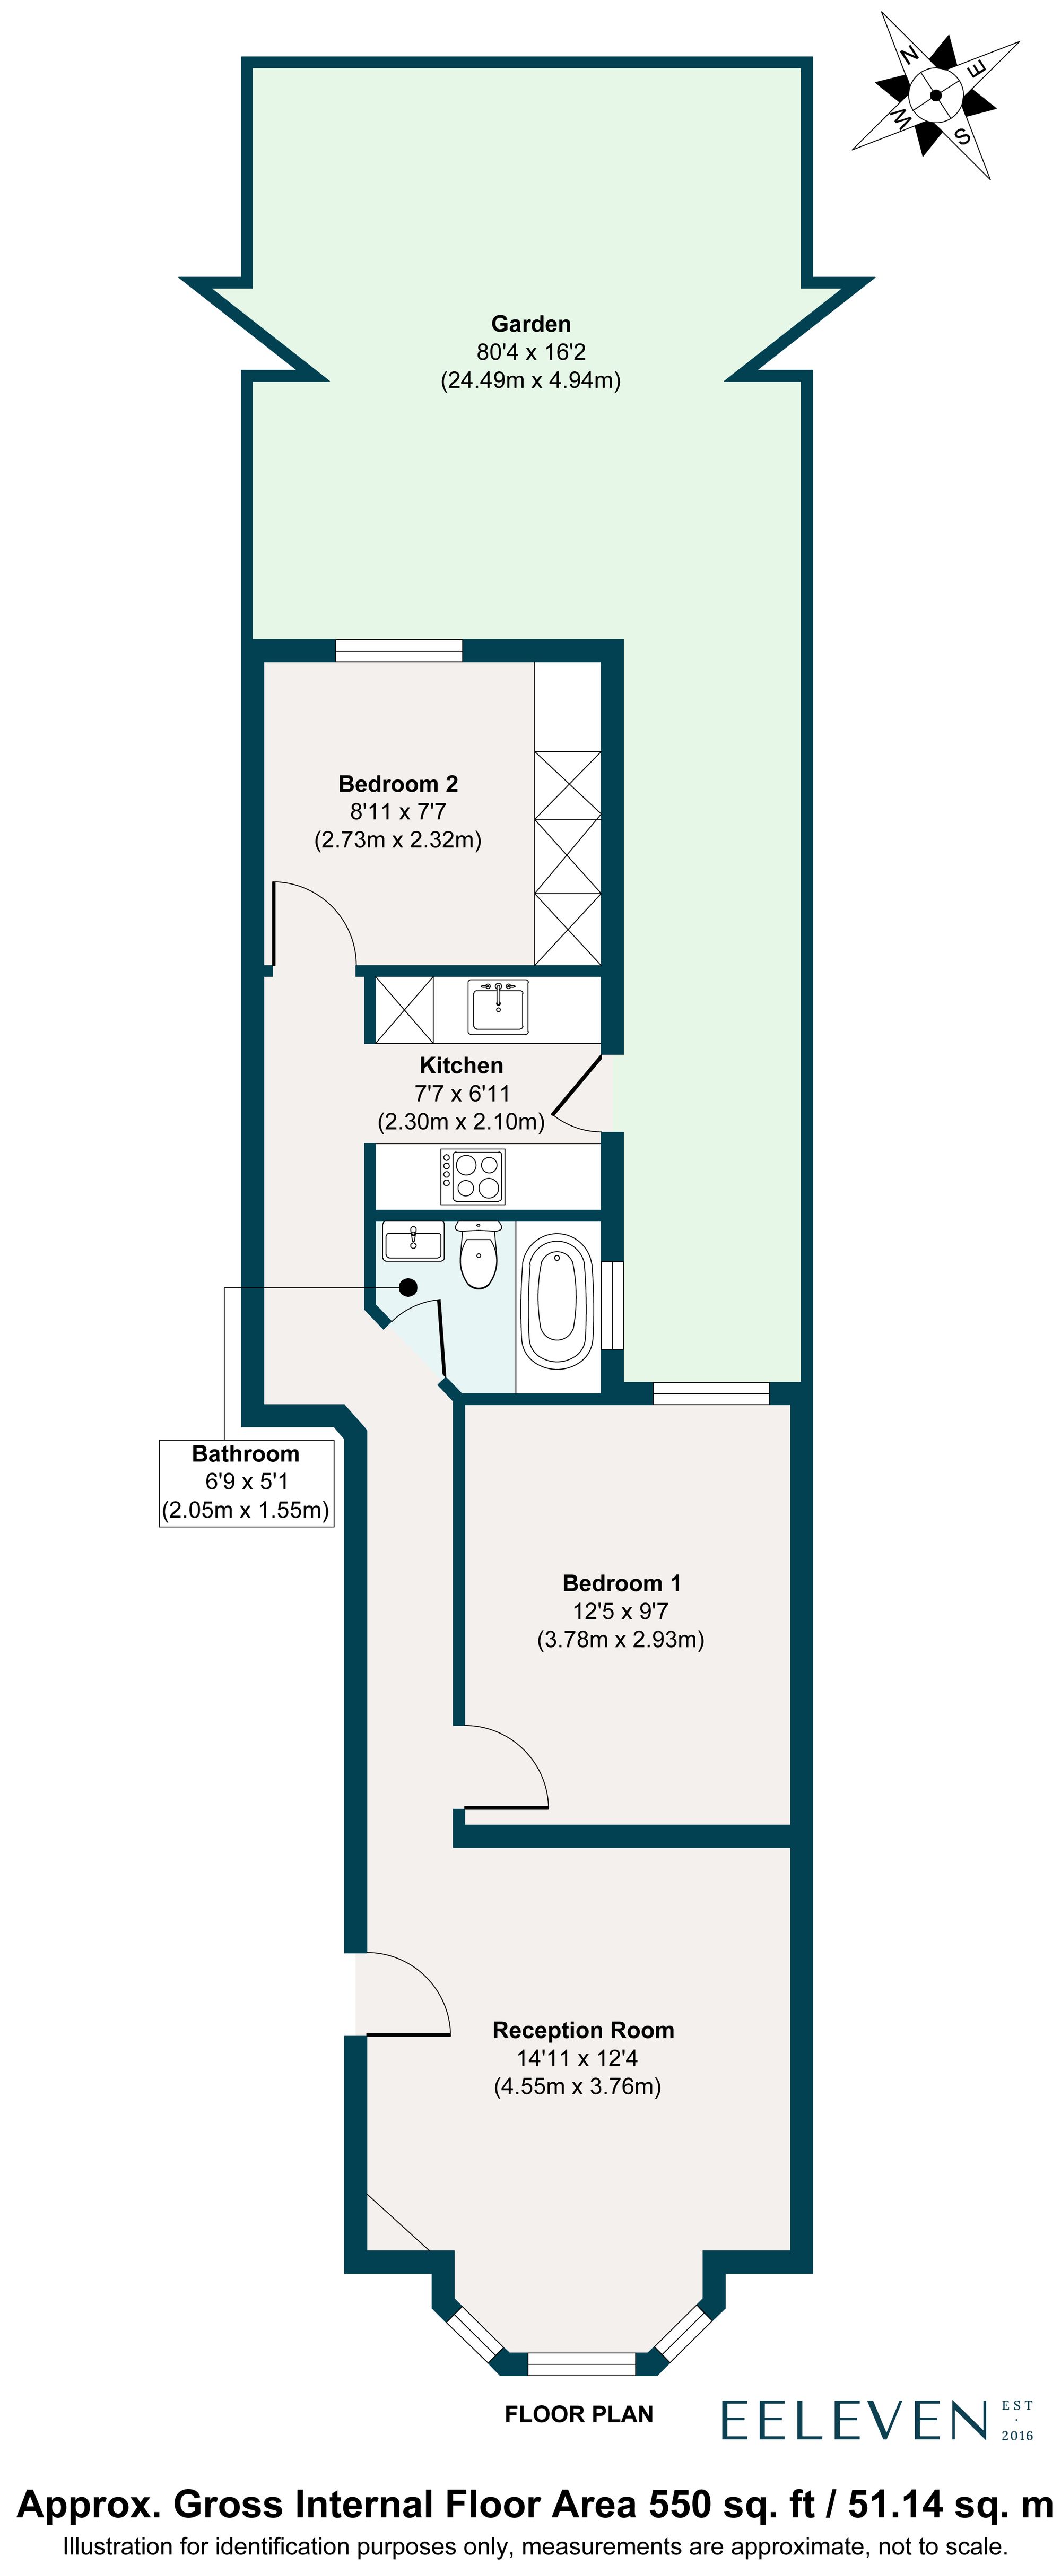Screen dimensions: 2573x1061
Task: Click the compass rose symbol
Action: [935, 96]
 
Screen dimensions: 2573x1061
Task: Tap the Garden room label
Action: [530, 324]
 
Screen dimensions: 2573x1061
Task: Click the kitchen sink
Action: [498, 1007]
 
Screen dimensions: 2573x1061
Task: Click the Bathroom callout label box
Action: [246, 1482]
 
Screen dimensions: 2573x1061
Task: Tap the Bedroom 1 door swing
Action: [505, 1770]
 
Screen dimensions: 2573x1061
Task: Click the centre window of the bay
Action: [580, 2363]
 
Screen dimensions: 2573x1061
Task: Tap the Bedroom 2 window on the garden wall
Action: [398, 651]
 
